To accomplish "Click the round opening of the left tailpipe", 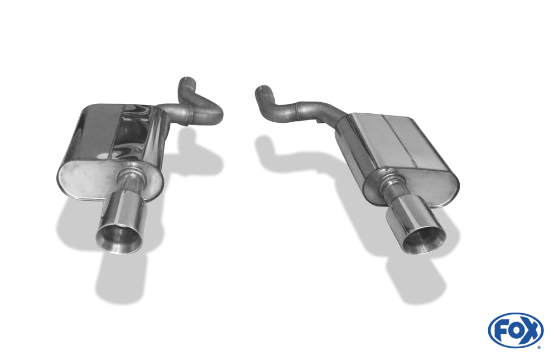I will pos(118,238).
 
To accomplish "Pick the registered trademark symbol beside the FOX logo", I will pos(538,347).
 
